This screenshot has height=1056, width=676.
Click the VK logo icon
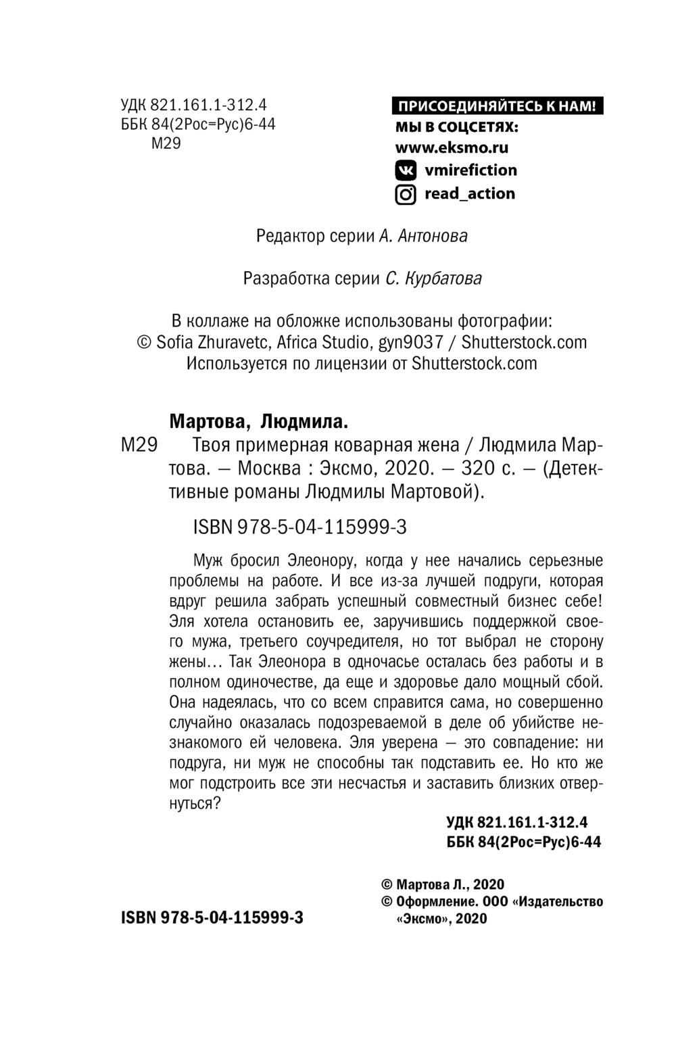(406, 170)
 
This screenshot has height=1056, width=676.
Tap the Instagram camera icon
(406, 195)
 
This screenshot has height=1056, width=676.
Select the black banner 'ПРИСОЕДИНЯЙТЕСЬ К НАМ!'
(497, 106)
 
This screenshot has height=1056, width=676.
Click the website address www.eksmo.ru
(452, 147)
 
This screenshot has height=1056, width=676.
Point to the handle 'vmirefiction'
(470, 170)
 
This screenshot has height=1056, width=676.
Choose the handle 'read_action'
(470, 193)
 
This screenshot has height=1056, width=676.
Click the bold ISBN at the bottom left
(212, 917)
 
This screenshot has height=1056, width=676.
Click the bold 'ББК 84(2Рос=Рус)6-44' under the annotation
(520, 842)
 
